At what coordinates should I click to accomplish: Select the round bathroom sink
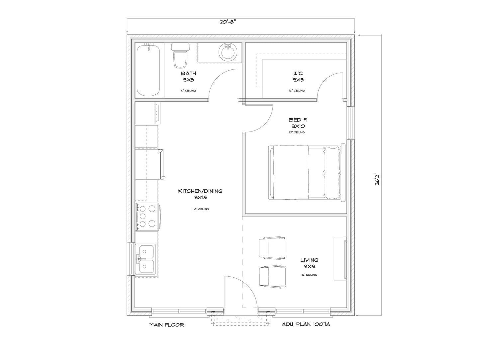(x=228, y=51)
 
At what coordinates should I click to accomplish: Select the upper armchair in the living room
(x=272, y=248)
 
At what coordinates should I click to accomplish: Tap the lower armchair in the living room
(x=272, y=275)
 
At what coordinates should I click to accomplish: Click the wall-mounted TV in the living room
(x=340, y=258)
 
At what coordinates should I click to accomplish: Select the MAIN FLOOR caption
(x=166, y=324)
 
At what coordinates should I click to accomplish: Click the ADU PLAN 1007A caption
(x=306, y=324)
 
